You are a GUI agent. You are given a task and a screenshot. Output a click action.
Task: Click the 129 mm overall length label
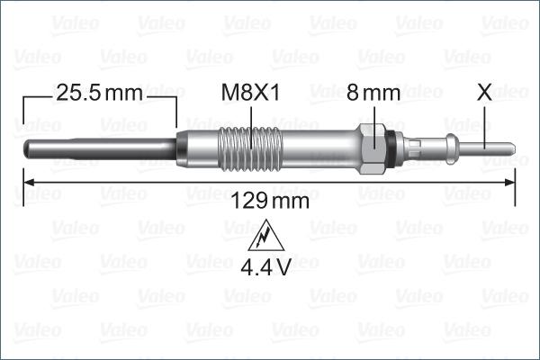point(270,201)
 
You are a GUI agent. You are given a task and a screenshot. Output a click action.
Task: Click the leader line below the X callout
point(484,121)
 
